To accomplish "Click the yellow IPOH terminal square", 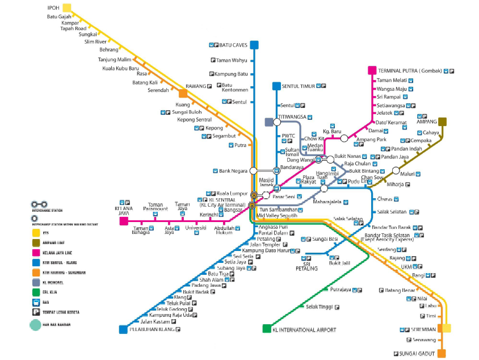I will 67,8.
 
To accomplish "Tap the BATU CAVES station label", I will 232,45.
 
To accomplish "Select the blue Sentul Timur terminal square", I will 276,86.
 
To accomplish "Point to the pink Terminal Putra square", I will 372,70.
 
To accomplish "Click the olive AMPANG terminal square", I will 442,121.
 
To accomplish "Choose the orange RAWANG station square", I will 183,93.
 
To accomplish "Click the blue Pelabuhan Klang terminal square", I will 123,329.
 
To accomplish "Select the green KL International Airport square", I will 267,329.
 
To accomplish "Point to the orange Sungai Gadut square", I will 442,353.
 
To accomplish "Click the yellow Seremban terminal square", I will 447,329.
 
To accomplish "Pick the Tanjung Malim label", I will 115,59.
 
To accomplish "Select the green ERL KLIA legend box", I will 36,292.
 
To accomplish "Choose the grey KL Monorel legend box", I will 36,282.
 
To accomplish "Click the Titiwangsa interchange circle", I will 277,122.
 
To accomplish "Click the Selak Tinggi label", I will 319,307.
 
